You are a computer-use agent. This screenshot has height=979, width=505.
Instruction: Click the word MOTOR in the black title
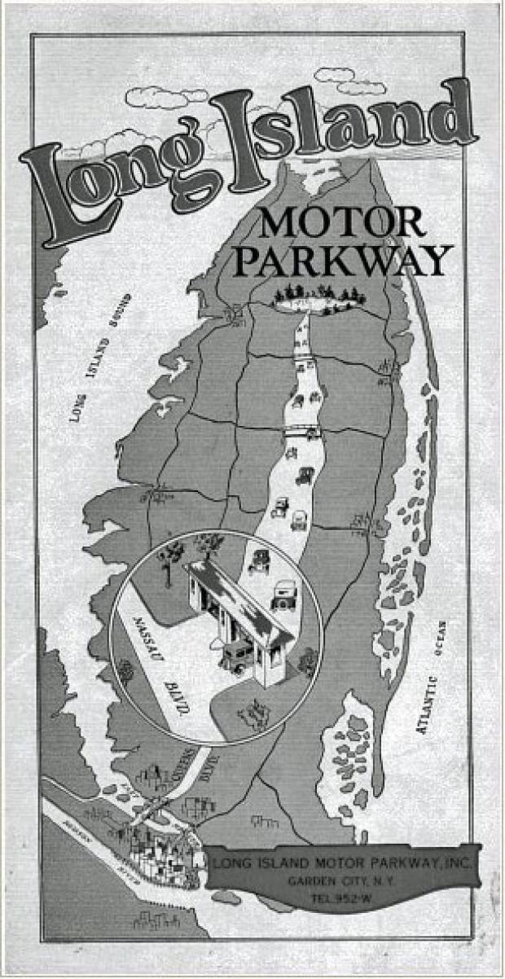(341, 222)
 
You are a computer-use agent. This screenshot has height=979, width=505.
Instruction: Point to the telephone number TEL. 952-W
(341, 898)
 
